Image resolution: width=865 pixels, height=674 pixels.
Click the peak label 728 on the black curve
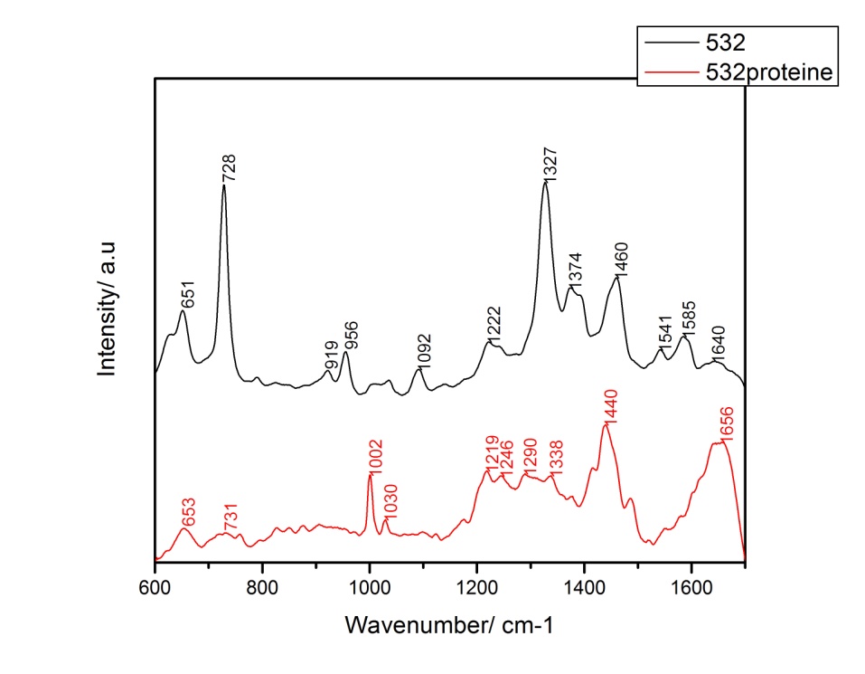click(230, 170)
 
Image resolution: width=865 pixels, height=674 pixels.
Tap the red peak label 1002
click(377, 456)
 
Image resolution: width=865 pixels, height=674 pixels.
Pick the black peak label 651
click(189, 295)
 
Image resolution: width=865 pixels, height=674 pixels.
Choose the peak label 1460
click(621, 259)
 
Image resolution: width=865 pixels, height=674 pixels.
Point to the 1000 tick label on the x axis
click(370, 588)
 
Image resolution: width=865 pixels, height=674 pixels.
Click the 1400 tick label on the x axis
click(584, 588)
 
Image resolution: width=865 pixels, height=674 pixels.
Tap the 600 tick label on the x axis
click(155, 588)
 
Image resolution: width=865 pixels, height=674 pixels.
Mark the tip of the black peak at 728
click(223, 186)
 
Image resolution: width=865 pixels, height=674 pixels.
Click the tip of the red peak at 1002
click(370, 474)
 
